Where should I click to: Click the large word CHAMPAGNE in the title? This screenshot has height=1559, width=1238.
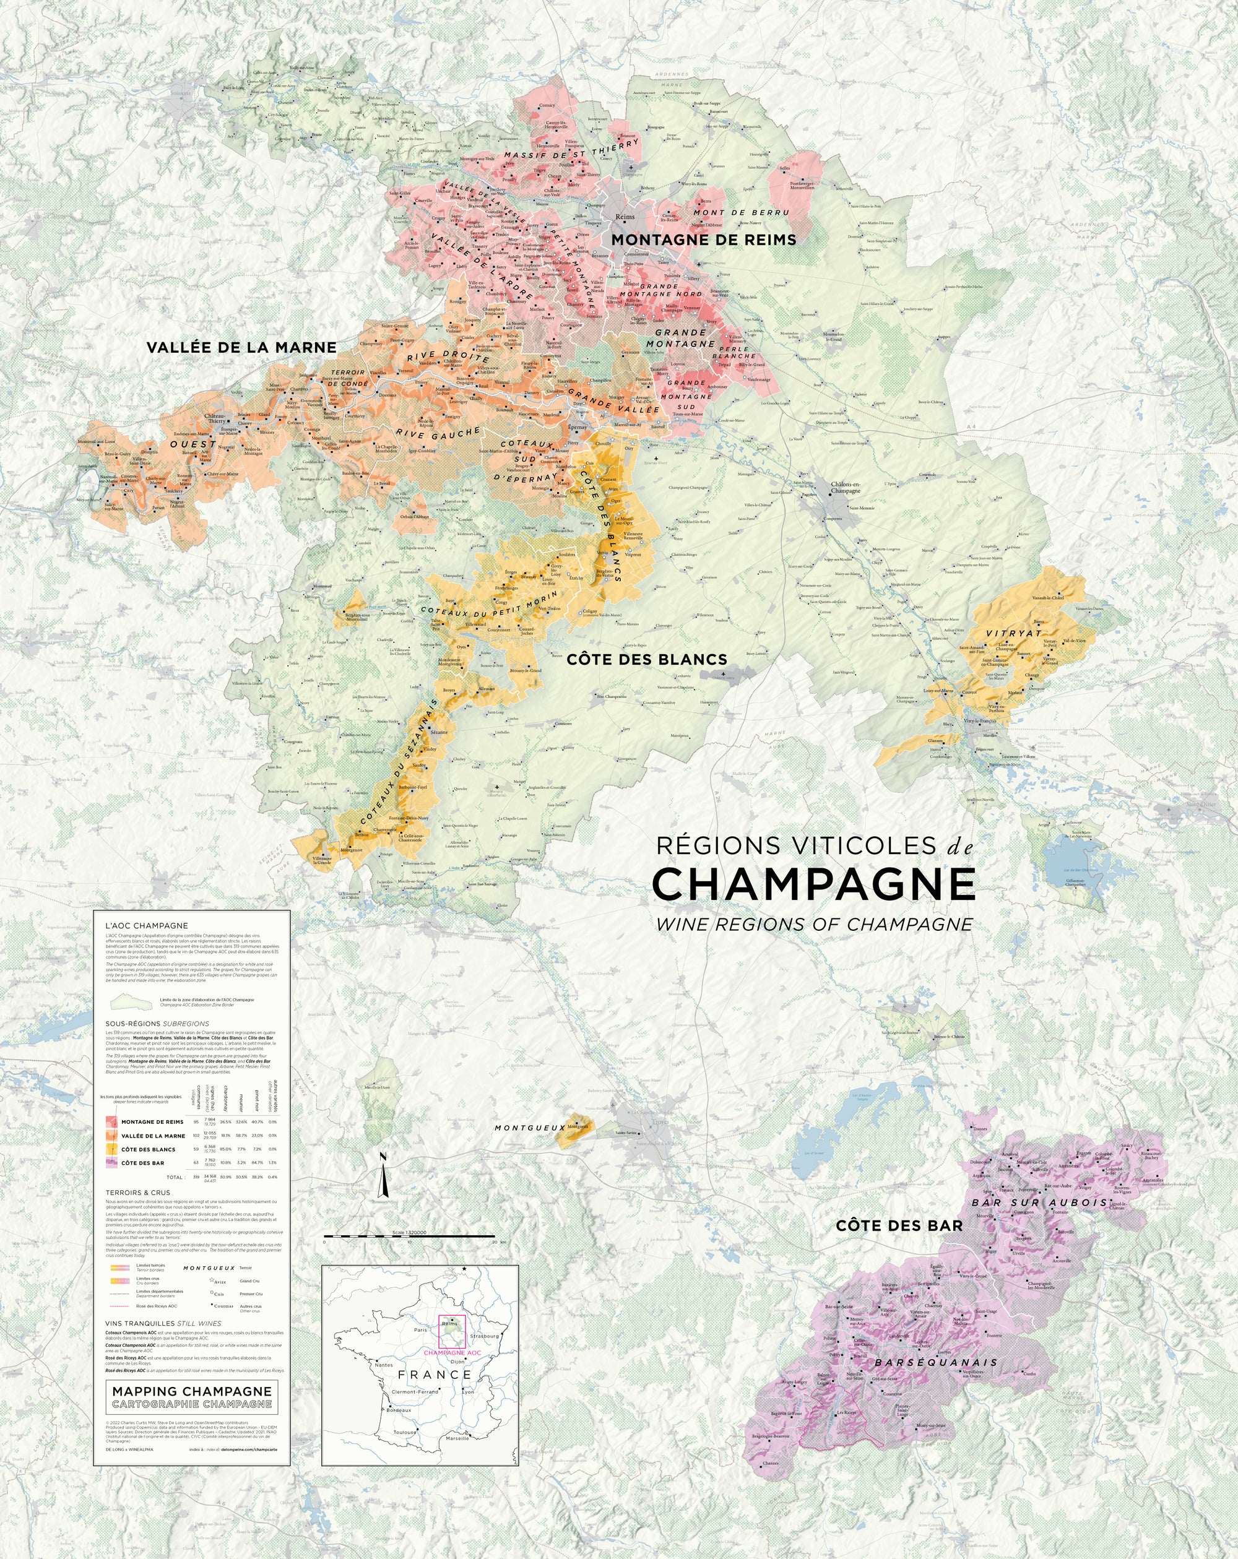point(813,884)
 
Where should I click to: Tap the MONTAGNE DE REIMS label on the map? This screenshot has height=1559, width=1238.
point(704,240)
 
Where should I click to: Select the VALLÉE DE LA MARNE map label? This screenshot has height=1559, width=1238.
point(241,348)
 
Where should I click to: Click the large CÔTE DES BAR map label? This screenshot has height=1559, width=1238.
point(899,1225)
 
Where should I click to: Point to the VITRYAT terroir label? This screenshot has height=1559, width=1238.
point(1014,633)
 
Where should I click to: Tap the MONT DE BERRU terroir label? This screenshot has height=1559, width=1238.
point(741,213)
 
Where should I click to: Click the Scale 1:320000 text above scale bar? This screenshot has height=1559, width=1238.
point(409,1232)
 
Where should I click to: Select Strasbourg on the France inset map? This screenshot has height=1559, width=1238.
point(484,1336)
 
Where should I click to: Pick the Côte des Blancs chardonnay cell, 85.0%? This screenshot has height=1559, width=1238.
point(225,1149)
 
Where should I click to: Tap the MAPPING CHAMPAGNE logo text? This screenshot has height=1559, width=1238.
point(193,1391)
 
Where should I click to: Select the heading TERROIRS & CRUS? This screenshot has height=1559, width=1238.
point(138,1193)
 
